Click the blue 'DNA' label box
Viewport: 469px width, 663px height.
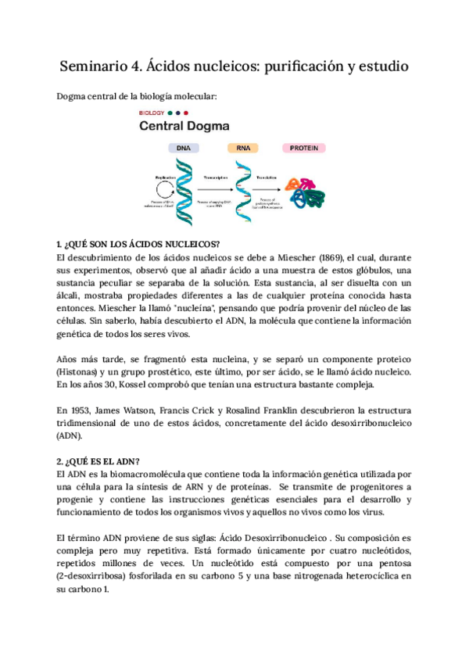click(183, 147)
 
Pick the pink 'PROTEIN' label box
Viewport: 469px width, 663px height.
click(303, 147)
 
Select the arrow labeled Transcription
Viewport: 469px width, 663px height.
click(215, 185)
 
